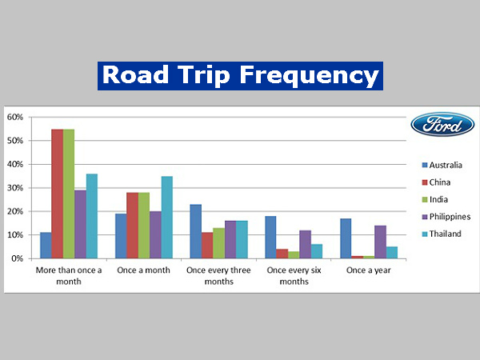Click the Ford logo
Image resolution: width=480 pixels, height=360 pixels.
point(442,124)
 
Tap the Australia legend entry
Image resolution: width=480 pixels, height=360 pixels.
point(445,165)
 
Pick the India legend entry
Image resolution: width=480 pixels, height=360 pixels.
point(438,199)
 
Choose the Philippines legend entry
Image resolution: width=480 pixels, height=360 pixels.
point(449,217)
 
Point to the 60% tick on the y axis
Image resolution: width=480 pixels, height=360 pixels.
point(15,117)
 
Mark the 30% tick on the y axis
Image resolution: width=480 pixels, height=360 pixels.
point(15,188)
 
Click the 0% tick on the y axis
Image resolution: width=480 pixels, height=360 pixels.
point(18,258)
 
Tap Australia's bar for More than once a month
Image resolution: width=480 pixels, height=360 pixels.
point(46,246)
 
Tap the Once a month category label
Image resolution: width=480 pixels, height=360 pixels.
point(143,270)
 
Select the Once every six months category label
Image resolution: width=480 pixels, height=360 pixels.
point(294,276)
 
